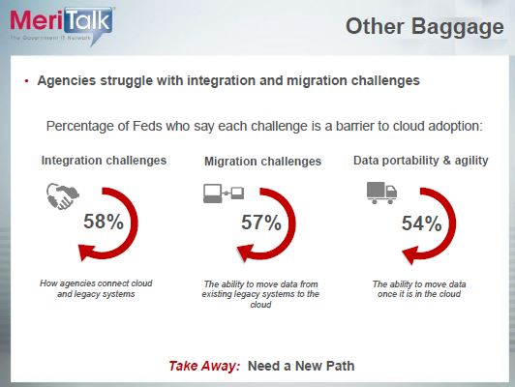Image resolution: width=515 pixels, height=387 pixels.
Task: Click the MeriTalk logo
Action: (x=62, y=26)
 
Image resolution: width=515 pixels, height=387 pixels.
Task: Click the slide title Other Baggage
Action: (x=425, y=27)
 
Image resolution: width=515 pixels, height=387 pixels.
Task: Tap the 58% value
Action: (x=104, y=222)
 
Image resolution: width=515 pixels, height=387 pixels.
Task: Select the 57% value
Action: (x=261, y=223)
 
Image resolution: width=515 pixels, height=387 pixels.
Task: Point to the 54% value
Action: (x=422, y=223)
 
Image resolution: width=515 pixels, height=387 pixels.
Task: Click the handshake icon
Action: (x=62, y=196)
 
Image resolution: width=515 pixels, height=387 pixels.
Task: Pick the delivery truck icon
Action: (x=381, y=193)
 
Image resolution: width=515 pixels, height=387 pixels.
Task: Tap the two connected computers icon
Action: (x=224, y=193)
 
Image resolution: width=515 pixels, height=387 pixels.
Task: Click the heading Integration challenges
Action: (x=104, y=161)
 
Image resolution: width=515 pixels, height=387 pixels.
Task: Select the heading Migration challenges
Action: (x=262, y=162)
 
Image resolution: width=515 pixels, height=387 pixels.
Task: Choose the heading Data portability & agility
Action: (x=421, y=161)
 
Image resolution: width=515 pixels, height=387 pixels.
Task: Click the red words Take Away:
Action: (x=204, y=366)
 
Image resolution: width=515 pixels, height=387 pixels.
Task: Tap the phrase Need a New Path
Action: (x=301, y=366)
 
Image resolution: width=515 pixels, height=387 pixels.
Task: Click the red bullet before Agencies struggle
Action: (x=27, y=81)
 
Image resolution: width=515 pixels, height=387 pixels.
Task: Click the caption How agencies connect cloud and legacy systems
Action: (x=96, y=288)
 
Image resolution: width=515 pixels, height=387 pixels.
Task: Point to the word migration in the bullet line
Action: (x=317, y=80)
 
